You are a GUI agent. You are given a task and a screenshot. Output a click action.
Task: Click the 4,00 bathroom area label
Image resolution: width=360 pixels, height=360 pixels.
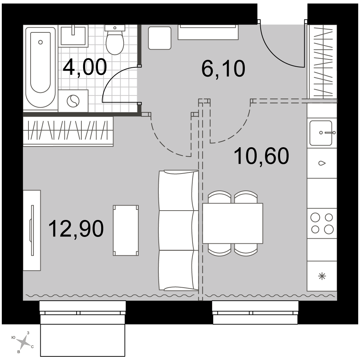tap(85, 67)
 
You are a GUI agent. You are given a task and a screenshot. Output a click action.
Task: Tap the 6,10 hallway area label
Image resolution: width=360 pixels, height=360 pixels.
tap(223, 68)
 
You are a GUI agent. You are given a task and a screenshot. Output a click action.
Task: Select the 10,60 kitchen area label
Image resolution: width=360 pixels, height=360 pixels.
tap(261, 156)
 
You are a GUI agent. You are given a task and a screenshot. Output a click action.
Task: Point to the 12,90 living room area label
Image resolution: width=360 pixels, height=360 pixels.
tap(76, 229)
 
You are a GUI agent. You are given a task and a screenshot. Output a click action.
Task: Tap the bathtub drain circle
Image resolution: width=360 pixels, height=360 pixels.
tap(41, 42)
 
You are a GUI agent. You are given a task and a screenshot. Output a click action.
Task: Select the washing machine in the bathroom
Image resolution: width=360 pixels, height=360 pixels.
tap(73, 101)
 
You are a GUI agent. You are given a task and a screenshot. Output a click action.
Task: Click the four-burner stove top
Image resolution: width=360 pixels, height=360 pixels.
tap(322, 224)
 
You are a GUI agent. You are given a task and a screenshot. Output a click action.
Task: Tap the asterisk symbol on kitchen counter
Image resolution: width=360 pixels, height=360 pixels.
tap(322, 276)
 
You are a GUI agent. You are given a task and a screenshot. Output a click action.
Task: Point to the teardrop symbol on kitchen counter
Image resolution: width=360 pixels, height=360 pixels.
tap(322, 163)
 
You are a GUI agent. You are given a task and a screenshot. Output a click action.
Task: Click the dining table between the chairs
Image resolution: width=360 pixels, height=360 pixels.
tap(233, 223)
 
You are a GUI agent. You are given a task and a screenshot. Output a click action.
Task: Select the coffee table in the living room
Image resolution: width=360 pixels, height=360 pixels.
tap(126, 230)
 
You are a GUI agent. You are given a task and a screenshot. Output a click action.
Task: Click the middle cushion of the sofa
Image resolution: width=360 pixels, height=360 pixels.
tap(179, 230)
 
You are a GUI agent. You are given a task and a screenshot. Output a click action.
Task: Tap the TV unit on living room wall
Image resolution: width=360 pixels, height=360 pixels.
tap(32, 230)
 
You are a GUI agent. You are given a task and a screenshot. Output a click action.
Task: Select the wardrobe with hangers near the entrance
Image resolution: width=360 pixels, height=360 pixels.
tap(322, 62)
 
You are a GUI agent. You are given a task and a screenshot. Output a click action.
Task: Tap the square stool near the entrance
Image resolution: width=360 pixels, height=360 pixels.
tap(160, 38)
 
